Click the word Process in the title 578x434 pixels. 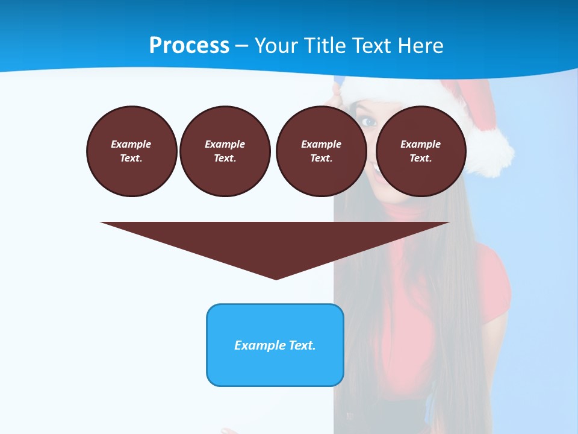coord(189,46)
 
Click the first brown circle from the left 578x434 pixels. coord(131,151)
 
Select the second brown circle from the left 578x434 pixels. coord(225,151)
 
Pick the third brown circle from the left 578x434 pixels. coord(321,151)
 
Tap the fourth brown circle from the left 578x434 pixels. coord(420,151)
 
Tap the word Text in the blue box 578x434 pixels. coord(302,345)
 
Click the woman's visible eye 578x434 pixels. coord(368,122)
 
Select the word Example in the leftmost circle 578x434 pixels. coord(131,144)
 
